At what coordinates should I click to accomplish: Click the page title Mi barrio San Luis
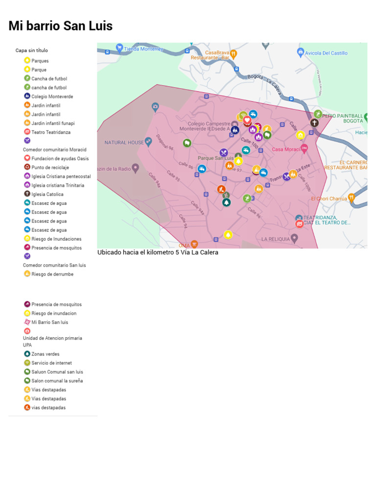tap(60, 26)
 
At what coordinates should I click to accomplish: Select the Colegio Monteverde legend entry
tap(52, 97)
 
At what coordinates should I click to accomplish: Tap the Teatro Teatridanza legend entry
tap(51, 132)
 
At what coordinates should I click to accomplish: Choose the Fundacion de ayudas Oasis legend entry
tap(60, 159)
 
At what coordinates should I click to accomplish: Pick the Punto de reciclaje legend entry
tap(50, 168)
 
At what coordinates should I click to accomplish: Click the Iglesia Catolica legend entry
tap(47, 195)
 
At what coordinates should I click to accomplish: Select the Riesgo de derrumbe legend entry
tap(52, 275)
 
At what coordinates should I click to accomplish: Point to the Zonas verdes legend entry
tap(46, 354)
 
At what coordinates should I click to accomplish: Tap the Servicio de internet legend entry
tap(51, 363)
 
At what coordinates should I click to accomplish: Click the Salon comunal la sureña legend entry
tap(57, 381)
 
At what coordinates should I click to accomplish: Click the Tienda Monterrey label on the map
tap(143, 49)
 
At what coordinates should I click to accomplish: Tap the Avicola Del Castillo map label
tap(326, 53)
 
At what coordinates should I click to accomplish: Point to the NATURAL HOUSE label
tap(124, 143)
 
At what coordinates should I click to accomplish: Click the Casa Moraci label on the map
tap(286, 150)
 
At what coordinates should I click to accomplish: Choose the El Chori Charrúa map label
tap(329, 199)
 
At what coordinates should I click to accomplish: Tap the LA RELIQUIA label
tap(276, 239)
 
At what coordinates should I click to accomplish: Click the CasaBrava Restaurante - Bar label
tap(217, 55)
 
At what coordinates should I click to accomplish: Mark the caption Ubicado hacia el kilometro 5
tap(158, 252)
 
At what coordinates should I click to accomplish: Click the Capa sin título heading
tap(31, 50)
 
